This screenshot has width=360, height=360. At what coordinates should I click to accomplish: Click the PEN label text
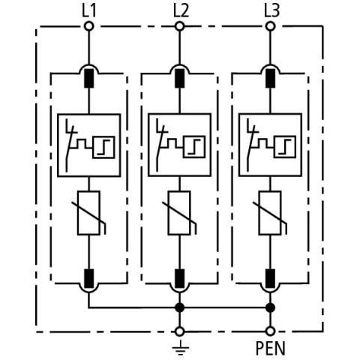tap(271, 349)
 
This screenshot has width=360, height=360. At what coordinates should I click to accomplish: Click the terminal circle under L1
tap(88, 26)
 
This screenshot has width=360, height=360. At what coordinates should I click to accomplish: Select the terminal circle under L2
tap(180, 26)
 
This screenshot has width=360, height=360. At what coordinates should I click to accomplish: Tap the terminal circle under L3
tap(271, 26)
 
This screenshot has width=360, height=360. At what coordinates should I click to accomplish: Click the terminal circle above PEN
tap(271, 330)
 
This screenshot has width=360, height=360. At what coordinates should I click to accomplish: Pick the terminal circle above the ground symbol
tap(179, 330)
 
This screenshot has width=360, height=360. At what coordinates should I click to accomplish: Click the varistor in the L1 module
tap(88, 213)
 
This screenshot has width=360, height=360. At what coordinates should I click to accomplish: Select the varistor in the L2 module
tap(180, 213)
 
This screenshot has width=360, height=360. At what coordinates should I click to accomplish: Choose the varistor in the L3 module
tap(271, 213)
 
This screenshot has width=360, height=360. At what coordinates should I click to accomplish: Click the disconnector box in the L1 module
tap(88, 144)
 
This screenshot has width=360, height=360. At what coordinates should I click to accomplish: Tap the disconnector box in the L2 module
tap(180, 144)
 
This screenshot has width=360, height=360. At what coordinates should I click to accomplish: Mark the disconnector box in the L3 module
tap(271, 144)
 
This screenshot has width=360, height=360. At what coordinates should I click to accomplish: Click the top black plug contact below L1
tap(88, 76)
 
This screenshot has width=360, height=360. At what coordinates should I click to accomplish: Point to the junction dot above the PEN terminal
tap(271, 307)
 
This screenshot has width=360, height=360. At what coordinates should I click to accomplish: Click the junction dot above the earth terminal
tap(179, 307)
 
